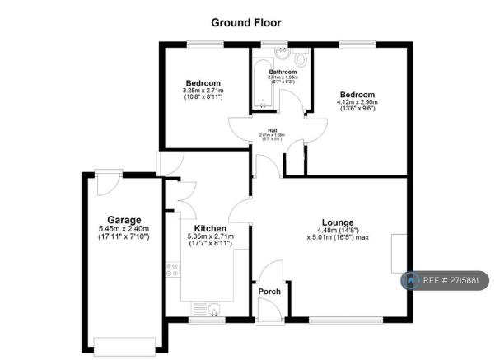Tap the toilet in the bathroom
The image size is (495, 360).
coord(300,58)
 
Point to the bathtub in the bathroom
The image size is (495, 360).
coord(261,82)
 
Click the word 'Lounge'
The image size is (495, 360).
coord(338,222)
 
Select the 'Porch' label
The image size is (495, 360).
coord(269,292)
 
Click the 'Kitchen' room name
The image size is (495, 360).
coord(210,228)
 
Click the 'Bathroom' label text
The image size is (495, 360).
coord(283,72)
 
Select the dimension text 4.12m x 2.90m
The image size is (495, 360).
coord(356,102)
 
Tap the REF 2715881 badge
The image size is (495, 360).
coord(445,281)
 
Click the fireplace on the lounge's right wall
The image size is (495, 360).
coord(399,254)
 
